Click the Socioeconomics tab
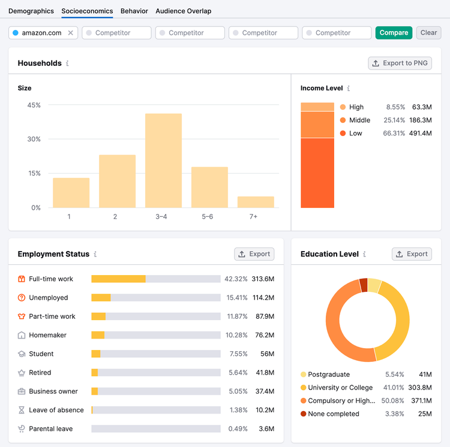click(x=87, y=11)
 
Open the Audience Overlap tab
click(x=184, y=11)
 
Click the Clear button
click(x=428, y=33)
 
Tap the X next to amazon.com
click(x=70, y=33)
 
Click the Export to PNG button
click(x=400, y=63)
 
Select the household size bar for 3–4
click(x=163, y=161)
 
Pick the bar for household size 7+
click(x=256, y=202)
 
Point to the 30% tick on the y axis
click(x=34, y=139)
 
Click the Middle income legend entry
click(x=355, y=120)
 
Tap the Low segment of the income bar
click(x=317, y=173)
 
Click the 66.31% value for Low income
click(x=394, y=133)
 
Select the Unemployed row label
click(x=49, y=298)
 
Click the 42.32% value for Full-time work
click(x=236, y=279)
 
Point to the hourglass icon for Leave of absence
click(x=22, y=410)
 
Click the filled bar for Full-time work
click(x=119, y=279)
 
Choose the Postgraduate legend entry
click(x=325, y=374)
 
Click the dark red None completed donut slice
click(x=364, y=285)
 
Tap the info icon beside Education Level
click(x=364, y=254)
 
